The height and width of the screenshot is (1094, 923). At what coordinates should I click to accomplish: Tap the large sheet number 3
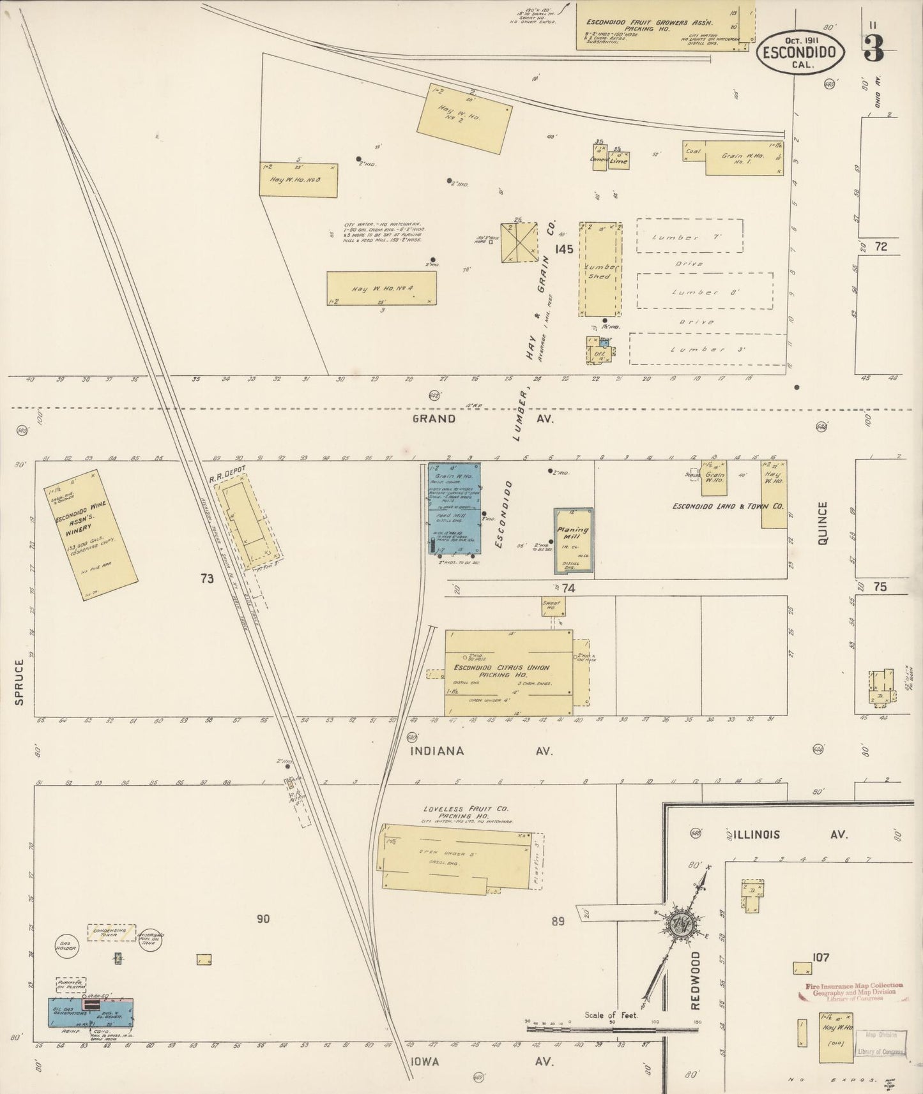pyautogui.click(x=873, y=49)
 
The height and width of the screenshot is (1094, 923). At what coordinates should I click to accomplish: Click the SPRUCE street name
pyautogui.click(x=19, y=682)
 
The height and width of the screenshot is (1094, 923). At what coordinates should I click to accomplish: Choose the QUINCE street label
pyautogui.click(x=821, y=523)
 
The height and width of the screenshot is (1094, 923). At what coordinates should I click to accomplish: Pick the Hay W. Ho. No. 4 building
pyautogui.click(x=382, y=288)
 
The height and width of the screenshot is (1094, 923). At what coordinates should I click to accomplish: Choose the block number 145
pyautogui.click(x=564, y=248)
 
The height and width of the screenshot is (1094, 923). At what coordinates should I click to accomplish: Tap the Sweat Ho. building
pyautogui.click(x=551, y=606)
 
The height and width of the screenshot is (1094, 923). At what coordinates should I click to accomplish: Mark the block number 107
pyautogui.click(x=821, y=957)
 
